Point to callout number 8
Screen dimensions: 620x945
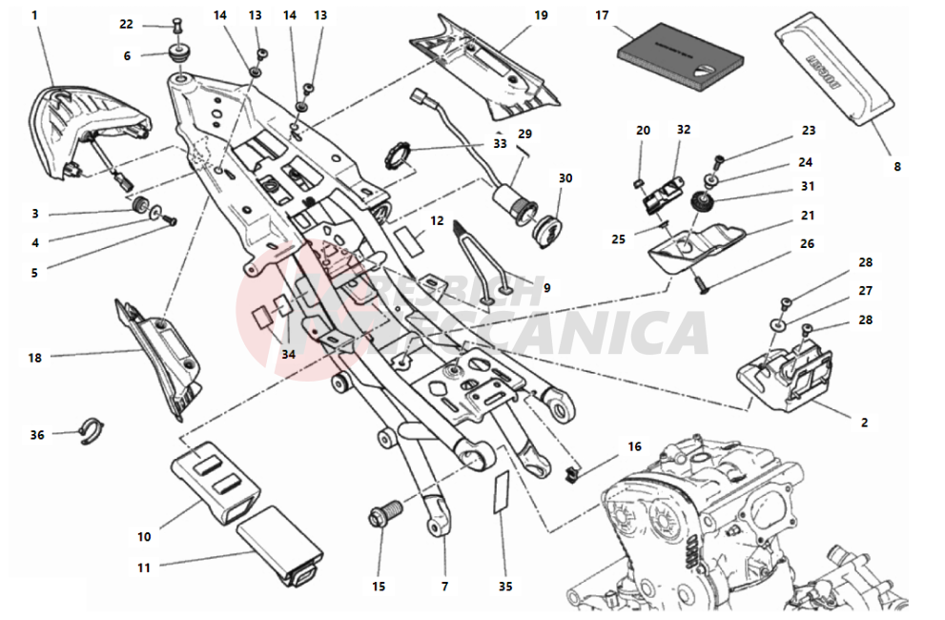[x=896, y=166]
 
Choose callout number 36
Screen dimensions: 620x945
[x=37, y=435]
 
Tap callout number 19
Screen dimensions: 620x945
[x=541, y=16]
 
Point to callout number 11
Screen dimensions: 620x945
[x=144, y=568]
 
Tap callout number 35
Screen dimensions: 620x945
[x=505, y=586]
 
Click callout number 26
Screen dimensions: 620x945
[x=807, y=243]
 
